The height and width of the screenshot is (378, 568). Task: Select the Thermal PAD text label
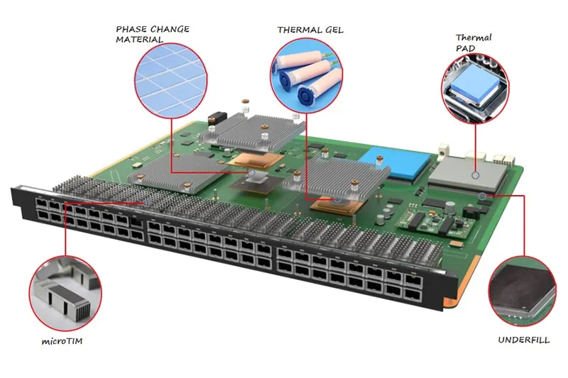pyautogui.click(x=474, y=43)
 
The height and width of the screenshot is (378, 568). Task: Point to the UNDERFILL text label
pyautogui.click(x=523, y=340)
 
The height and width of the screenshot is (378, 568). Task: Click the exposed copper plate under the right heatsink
pyautogui.click(x=333, y=204)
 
